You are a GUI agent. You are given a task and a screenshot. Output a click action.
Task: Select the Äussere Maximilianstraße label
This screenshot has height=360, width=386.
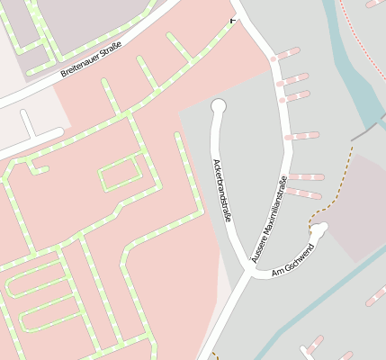point(270,218)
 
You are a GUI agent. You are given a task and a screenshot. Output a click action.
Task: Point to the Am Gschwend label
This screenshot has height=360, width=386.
point(292,260)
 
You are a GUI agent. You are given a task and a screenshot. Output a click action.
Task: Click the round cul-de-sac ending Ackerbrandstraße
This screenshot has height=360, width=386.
point(218,107)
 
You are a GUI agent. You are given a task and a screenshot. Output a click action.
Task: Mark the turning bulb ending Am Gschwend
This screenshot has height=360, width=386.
point(319,229)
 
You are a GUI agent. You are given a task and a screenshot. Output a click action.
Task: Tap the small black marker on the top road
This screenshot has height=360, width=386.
point(234,20)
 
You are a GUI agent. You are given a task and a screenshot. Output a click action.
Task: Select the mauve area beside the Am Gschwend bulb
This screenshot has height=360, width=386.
point(355,207)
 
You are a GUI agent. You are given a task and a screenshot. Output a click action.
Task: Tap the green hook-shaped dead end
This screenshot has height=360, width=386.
point(36,166)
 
